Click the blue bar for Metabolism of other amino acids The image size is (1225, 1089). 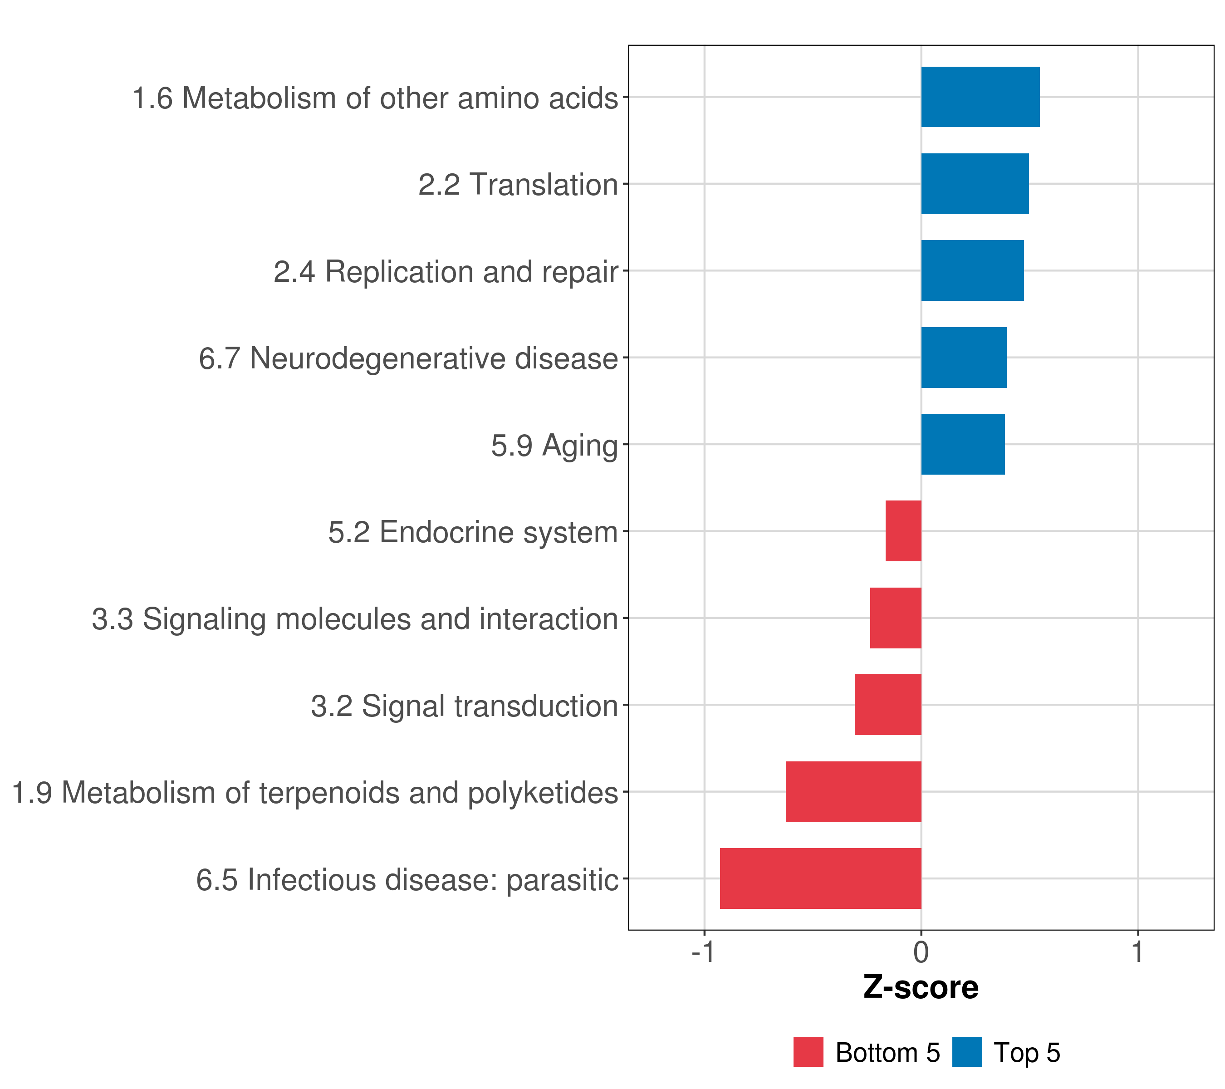pos(980,97)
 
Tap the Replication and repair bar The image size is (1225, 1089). pos(972,270)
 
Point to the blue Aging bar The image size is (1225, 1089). pos(962,444)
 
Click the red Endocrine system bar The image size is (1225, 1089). pos(903,531)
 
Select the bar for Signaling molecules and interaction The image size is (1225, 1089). pos(895,618)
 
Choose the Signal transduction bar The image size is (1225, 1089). pos(887,705)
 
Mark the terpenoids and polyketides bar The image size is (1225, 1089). pos(853,792)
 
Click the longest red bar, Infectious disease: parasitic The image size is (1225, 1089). pos(820,878)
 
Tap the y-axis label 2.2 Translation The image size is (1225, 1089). pos(518,185)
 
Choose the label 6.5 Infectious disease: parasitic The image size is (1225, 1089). pos(407,880)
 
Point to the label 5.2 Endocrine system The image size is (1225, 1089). pos(473,532)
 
